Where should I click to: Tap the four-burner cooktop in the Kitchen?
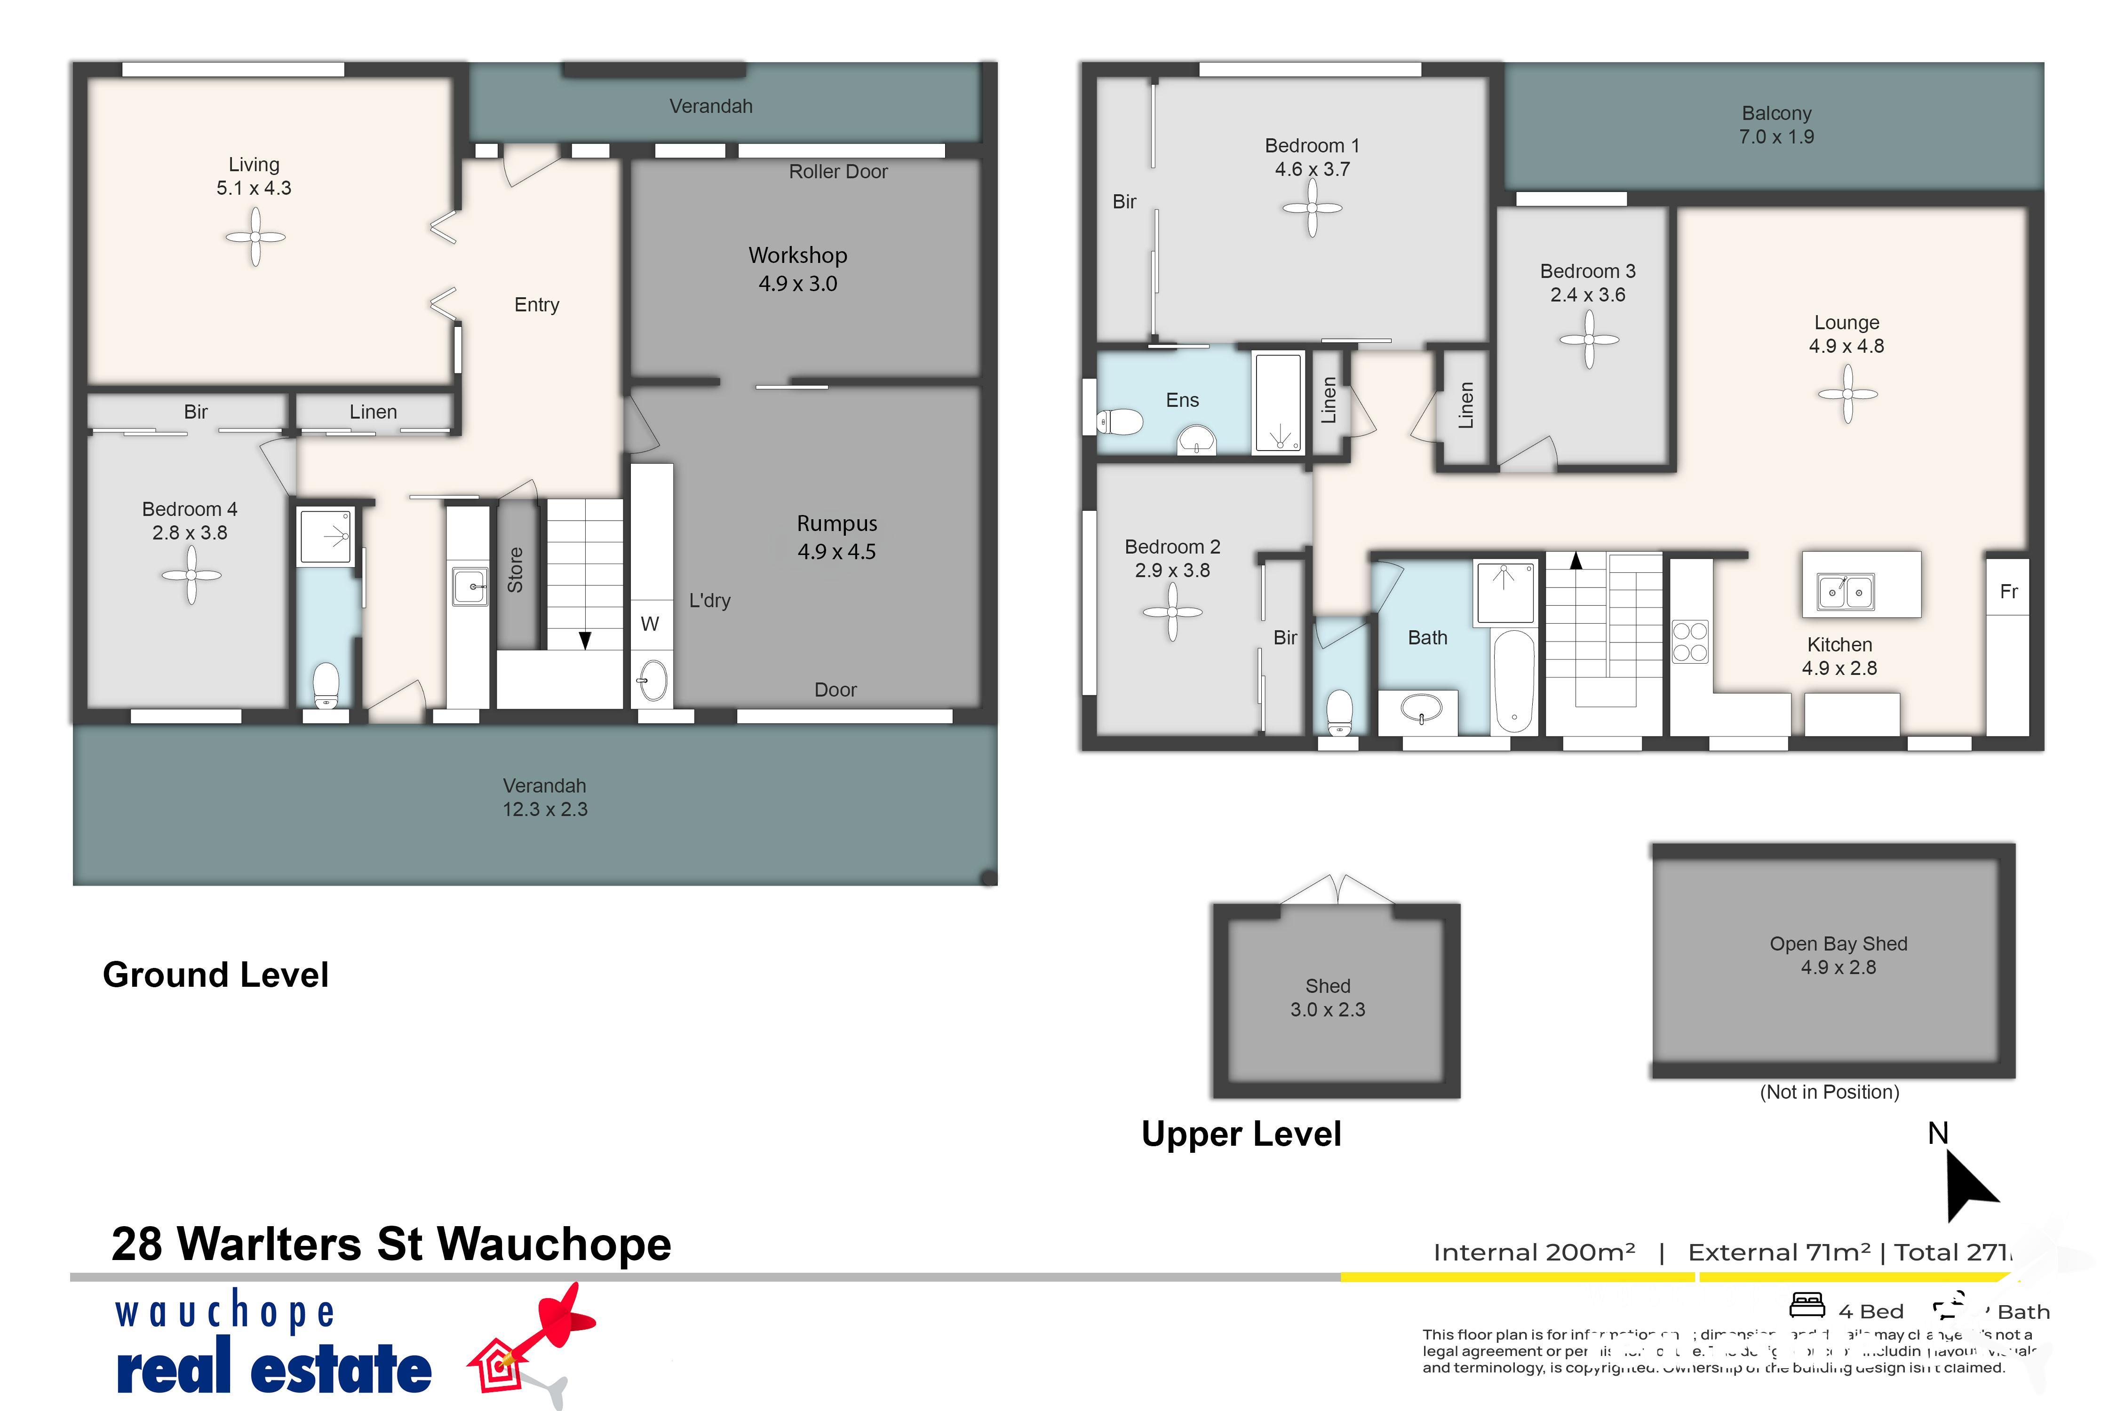coord(1689,642)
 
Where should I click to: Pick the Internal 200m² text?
coord(1534,1252)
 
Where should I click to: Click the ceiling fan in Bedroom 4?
coord(191,576)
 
